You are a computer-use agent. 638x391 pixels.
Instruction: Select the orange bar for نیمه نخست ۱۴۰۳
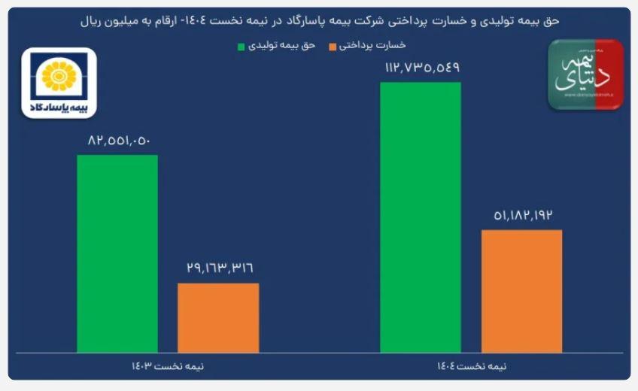coord(218,317)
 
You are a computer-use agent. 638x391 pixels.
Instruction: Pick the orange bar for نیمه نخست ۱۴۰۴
coord(521,290)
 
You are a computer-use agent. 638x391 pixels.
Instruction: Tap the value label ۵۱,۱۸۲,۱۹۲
coord(521,215)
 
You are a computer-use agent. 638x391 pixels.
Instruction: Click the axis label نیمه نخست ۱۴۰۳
coord(168,366)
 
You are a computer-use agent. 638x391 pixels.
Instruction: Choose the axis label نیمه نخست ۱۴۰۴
coord(472,366)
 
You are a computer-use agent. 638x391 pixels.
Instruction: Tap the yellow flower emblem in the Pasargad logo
coord(59,75)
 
